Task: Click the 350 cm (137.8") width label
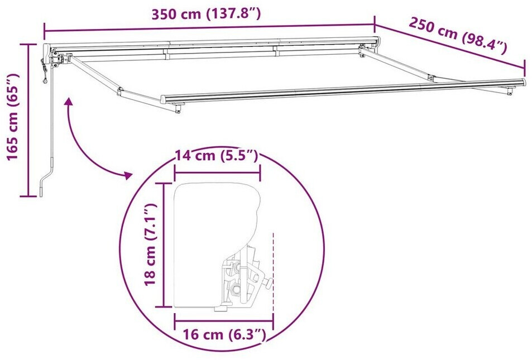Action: (x=206, y=15)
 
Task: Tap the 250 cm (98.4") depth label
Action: (x=458, y=35)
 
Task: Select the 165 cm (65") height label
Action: (x=13, y=117)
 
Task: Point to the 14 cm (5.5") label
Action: (x=217, y=155)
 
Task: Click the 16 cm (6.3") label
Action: (x=224, y=334)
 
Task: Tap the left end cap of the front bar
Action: (x=164, y=99)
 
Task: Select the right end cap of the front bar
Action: (x=524, y=82)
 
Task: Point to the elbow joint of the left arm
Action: (x=119, y=90)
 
